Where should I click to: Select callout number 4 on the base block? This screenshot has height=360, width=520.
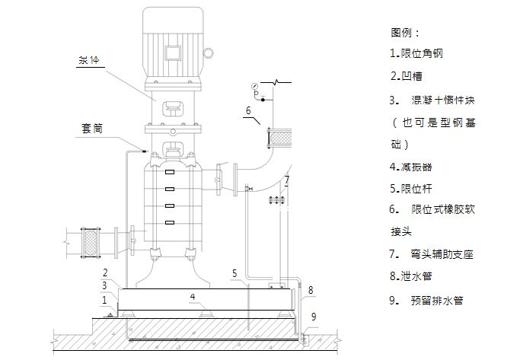click(193, 295)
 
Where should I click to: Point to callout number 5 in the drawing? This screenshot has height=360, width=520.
click(235, 272)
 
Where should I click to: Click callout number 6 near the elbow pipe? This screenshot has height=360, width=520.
click(247, 110)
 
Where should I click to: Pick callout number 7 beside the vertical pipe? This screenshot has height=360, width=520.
click(287, 180)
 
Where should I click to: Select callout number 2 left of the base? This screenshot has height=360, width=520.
click(106, 272)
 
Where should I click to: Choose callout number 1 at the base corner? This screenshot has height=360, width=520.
click(104, 299)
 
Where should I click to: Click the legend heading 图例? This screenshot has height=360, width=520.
click(405, 33)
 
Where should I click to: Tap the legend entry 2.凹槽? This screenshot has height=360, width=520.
click(406, 75)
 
